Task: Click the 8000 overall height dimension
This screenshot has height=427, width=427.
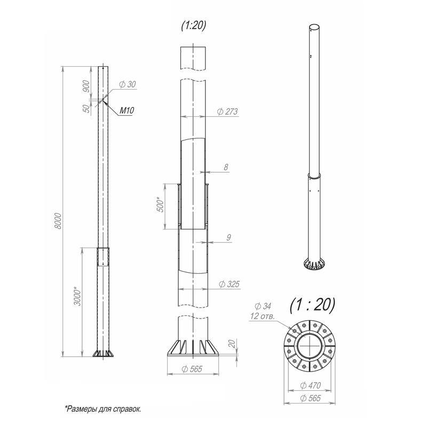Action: [58, 221]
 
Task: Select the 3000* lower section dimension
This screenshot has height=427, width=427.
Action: [77, 296]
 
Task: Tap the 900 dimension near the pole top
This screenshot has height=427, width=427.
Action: [86, 86]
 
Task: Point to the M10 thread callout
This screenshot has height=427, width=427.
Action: [127, 110]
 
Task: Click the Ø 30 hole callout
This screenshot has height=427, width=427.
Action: [128, 84]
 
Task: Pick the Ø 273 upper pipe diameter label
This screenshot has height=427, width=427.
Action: [227, 112]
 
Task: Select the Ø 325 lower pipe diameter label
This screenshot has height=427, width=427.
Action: [229, 284]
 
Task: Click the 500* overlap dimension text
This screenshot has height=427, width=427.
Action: [161, 204]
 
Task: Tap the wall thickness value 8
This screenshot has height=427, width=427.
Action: [226, 167]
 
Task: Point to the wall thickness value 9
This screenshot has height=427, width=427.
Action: [229, 238]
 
